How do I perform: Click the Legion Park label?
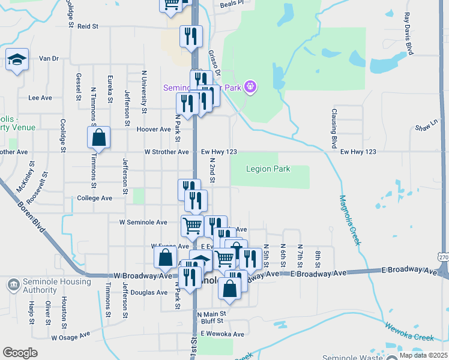tap(268, 169)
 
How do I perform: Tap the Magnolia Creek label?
tap(349, 220)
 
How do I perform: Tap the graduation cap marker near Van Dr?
tap(17, 60)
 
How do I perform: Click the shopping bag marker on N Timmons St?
tap(99, 138)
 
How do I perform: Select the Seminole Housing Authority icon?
tap(12, 284)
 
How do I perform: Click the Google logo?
tap(20, 352)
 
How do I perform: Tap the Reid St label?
tap(88, 26)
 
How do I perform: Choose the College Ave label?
tap(95, 198)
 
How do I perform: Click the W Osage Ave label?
tap(70, 337)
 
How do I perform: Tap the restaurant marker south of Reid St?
tap(191, 37)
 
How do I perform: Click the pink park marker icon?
tap(250, 88)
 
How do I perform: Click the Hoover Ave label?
tap(154, 130)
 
